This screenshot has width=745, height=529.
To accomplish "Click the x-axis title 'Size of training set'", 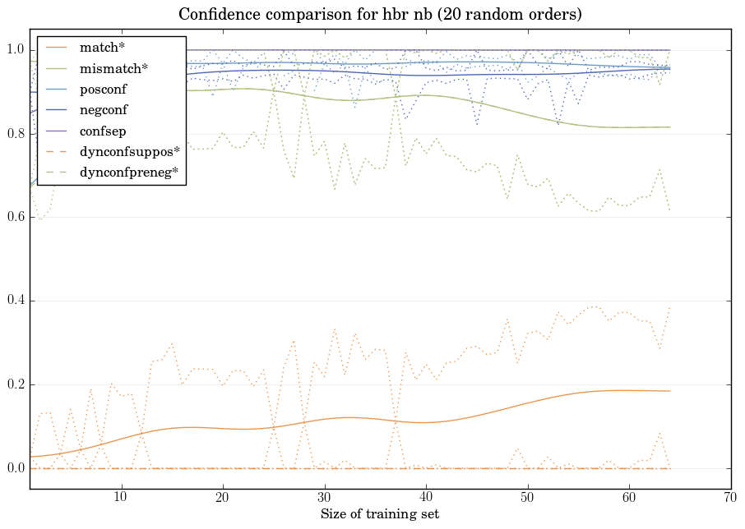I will [x=379, y=514].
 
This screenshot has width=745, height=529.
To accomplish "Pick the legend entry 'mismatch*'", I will [x=108, y=68].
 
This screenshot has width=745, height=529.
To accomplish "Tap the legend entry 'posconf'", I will [x=103, y=89].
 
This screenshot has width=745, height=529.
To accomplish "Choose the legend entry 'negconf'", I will [x=104, y=109].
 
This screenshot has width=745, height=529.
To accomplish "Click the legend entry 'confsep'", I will [x=103, y=130].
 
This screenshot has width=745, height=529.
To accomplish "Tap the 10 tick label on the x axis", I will [x=121, y=497].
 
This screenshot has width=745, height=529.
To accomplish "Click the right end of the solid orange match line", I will [x=669, y=391].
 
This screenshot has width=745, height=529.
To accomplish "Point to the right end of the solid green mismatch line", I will [x=669, y=126].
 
